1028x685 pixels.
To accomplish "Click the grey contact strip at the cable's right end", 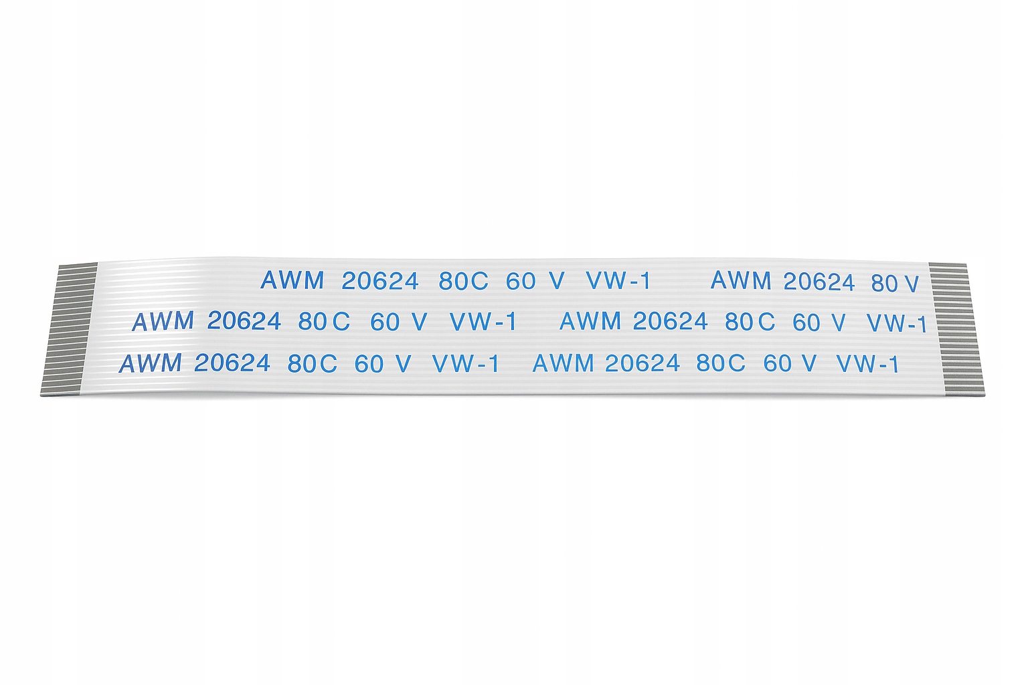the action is pos(956,328).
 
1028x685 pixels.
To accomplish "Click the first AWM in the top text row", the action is pos(292,280).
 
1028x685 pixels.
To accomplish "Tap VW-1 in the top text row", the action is pos(618,281).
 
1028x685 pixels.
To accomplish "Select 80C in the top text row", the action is pos(463,282).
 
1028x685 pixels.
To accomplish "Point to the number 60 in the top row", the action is pos(521,282).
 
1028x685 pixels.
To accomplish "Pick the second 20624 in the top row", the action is pos(819,282).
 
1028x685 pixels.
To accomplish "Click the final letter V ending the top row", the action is pos(911,284).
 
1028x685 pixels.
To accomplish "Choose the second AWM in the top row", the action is pos(741,281).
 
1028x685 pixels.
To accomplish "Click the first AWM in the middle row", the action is pos(163,322).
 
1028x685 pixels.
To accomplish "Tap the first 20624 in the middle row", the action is pos(244,322).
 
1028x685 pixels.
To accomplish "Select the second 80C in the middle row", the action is pos(750,322).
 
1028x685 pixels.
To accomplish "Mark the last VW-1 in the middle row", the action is pos(897,324).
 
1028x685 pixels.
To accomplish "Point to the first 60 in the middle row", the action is pos(385,322).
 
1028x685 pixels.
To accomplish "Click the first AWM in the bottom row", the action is pos(150,364).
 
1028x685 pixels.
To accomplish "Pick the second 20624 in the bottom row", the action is pos(642,363).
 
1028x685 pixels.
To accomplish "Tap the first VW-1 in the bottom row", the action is pos(465,364).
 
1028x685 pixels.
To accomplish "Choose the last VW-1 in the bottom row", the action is pos(867,364).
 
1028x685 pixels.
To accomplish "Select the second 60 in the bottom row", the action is pos(778,363).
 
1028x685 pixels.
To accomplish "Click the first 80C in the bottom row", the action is pos(312,364).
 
